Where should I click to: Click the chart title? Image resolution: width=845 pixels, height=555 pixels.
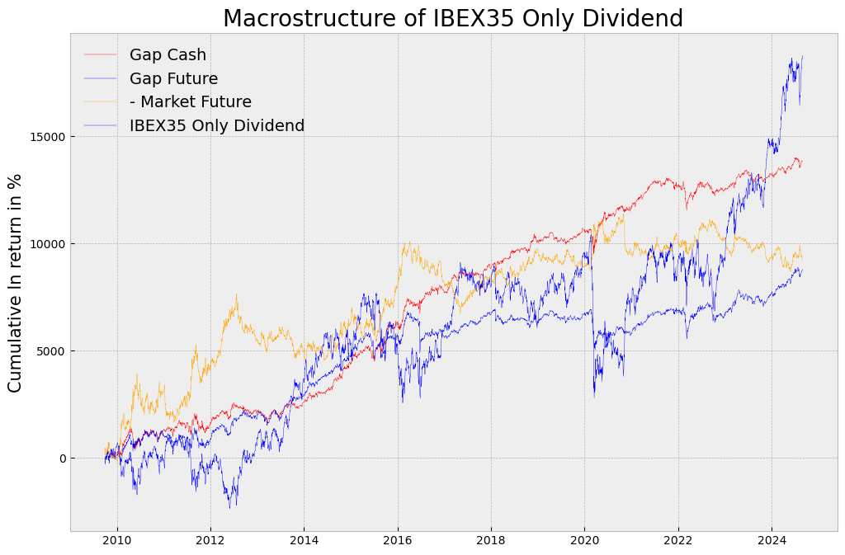coord(453,18)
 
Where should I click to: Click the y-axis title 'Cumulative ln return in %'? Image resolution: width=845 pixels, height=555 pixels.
coord(16,283)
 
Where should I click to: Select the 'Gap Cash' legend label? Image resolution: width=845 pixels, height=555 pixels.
coord(168,55)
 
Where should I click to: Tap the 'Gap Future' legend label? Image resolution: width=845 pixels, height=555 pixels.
coord(173,79)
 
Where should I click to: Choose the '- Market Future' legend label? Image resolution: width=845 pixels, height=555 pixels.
coord(190,102)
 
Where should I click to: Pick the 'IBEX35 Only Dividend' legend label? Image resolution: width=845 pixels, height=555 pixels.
coord(216,126)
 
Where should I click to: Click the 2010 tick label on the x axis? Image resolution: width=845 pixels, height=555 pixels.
coord(117,543)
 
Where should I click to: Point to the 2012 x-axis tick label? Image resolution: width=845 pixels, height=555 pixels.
coord(210,543)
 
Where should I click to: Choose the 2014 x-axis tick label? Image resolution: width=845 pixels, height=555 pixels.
coord(304,543)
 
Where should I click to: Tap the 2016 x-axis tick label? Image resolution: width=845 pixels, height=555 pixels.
coord(398,543)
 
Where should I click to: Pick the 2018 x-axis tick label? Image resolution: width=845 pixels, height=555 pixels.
coord(491,543)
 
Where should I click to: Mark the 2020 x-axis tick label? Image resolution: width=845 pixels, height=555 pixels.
coord(584,543)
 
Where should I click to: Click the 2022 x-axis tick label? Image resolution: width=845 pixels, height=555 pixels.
coord(678,543)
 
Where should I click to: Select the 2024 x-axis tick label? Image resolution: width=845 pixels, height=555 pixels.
coord(772,543)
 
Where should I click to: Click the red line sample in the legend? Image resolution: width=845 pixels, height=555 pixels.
coord(101,55)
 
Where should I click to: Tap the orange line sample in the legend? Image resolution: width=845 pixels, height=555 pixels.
coord(101,102)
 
